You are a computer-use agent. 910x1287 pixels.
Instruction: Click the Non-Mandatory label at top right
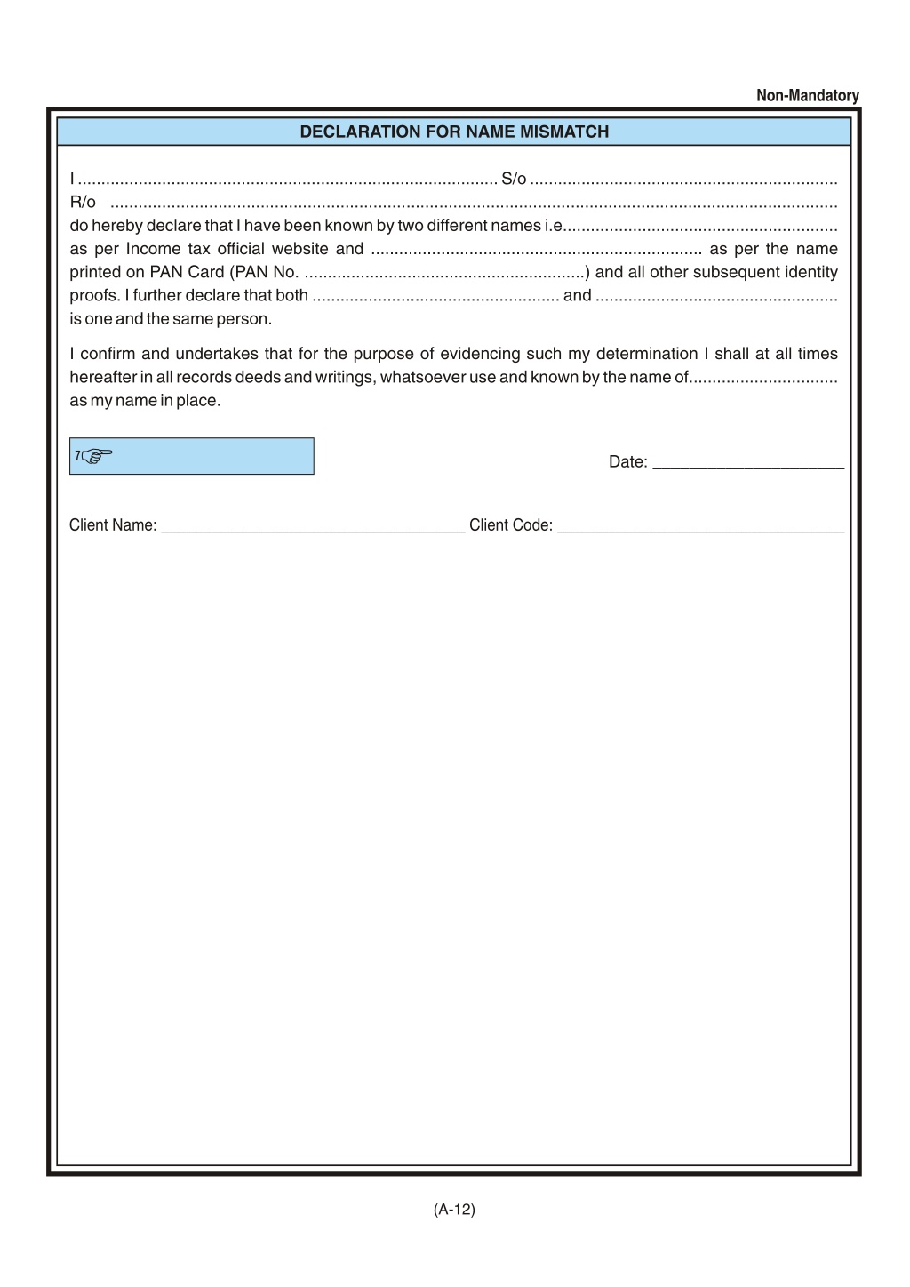[807, 96]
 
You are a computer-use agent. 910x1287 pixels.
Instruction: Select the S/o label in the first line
[514, 180]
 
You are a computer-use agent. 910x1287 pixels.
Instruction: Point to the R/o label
[83, 203]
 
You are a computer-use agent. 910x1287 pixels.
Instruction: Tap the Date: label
[627, 462]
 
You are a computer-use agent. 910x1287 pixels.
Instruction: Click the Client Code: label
[511, 525]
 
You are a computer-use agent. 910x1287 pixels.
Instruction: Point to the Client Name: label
[113, 525]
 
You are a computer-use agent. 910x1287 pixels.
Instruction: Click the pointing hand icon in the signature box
[96, 457]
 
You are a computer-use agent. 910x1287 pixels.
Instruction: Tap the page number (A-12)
[454, 1210]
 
